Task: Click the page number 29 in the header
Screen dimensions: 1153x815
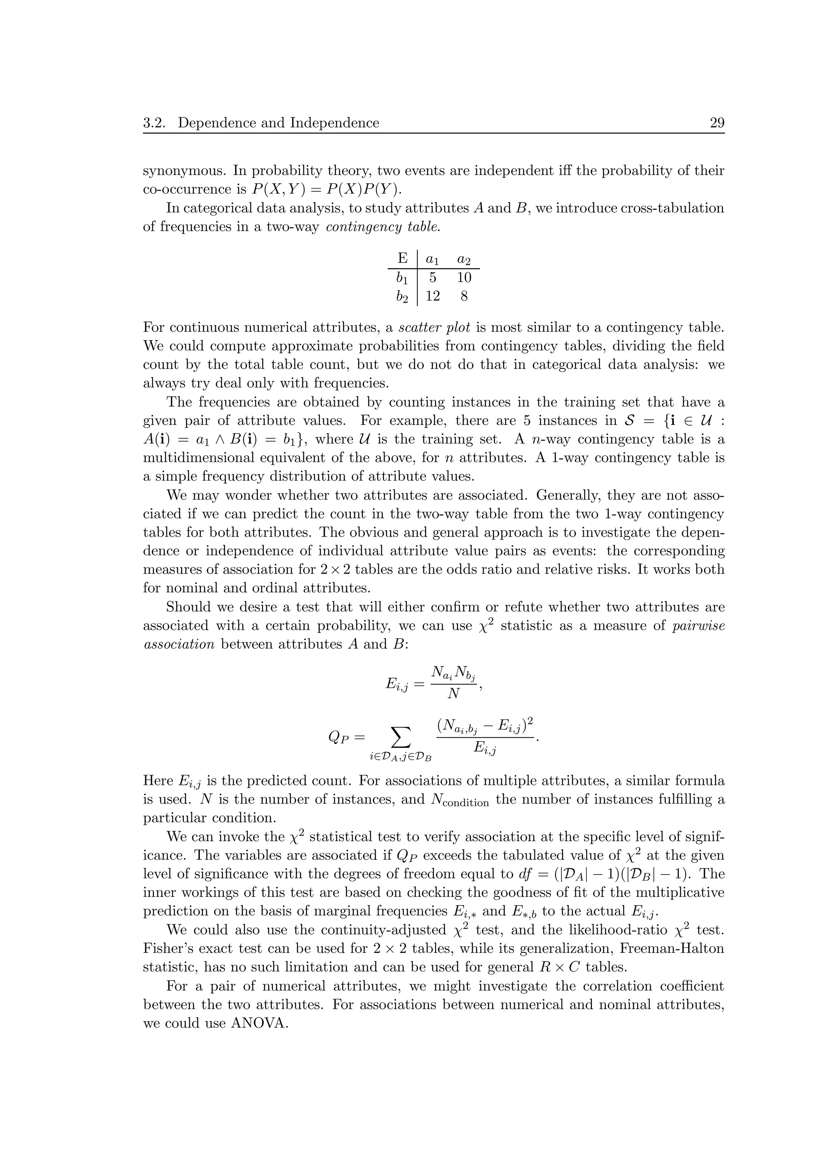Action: click(x=717, y=123)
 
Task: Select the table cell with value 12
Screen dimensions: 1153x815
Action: click(x=432, y=296)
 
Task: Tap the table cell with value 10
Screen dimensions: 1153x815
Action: click(x=464, y=277)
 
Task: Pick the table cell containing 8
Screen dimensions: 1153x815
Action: click(x=464, y=296)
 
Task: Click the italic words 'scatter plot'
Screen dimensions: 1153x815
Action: click(x=435, y=328)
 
